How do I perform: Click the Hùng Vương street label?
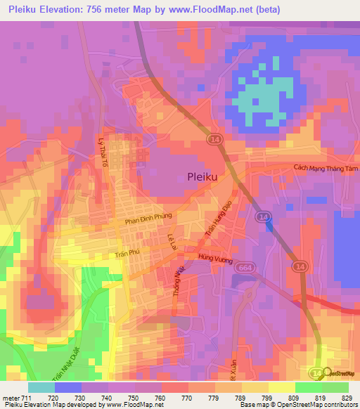click(214, 259)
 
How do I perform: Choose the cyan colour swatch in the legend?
click(41, 387)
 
